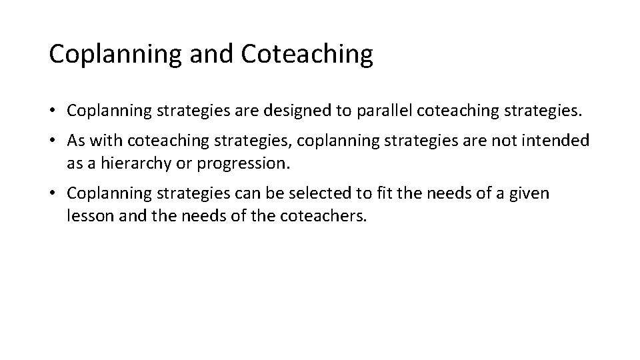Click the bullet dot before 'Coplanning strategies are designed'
[x=53, y=111]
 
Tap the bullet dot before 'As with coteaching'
[x=53, y=141]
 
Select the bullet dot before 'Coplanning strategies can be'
[x=53, y=194]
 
